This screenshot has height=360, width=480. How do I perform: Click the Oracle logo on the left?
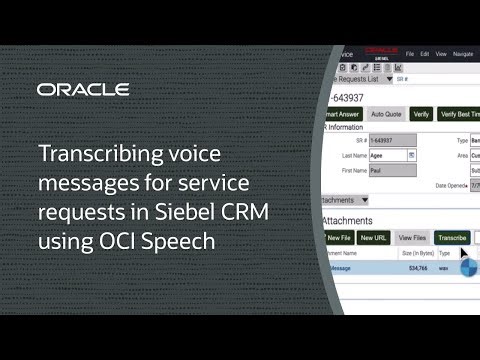pyautogui.click(x=83, y=90)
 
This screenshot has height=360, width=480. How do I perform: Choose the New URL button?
pyautogui.click(x=373, y=238)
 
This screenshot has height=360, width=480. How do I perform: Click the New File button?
pyautogui.click(x=339, y=238)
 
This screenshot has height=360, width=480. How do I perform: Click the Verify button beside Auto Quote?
pyautogui.click(x=421, y=115)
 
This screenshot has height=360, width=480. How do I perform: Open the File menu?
pyautogui.click(x=409, y=54)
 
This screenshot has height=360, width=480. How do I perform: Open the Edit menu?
pyautogui.click(x=426, y=54)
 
